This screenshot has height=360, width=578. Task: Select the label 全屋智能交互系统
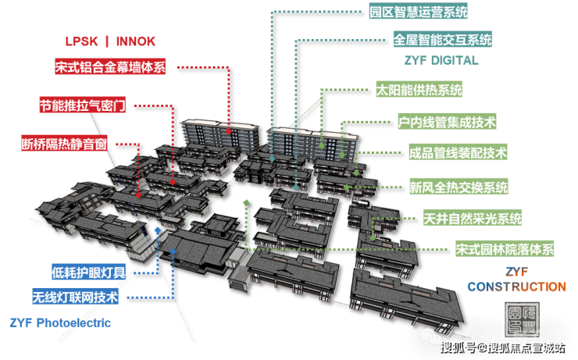click(x=442, y=39)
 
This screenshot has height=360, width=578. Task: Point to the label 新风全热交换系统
click(x=458, y=187)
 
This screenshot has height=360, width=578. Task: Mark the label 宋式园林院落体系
click(x=505, y=250)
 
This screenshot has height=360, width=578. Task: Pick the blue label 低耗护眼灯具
click(x=88, y=272)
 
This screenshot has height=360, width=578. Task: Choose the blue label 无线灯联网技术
click(x=75, y=297)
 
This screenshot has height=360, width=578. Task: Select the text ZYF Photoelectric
click(x=60, y=322)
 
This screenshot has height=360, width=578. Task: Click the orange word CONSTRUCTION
click(x=516, y=287)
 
